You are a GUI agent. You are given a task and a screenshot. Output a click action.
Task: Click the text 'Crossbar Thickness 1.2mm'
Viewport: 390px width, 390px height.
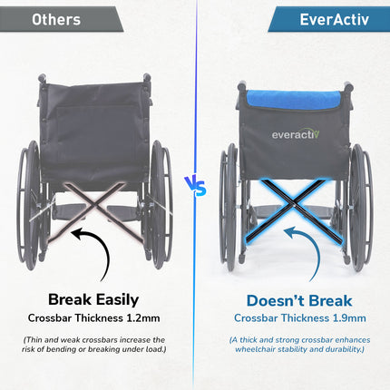coord(97,318)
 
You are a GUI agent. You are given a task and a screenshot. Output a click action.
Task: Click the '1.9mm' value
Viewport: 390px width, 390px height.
coord(346,318)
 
